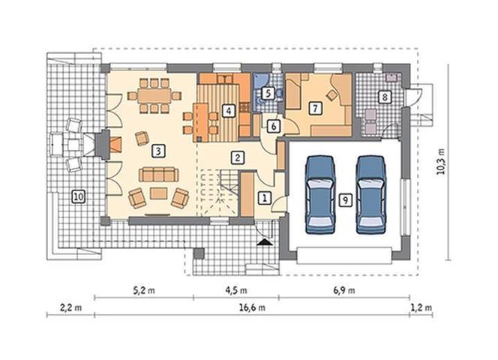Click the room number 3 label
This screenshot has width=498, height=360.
pos(158,151)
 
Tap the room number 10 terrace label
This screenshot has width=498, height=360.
pos(78,196)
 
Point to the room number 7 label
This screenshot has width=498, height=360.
pos(315,108)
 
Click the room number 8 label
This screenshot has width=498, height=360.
pos(385,97)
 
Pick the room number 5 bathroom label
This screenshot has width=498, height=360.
pos(268,94)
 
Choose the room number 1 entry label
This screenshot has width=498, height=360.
pos(264,198)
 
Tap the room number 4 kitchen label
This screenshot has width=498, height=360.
pos(228,111)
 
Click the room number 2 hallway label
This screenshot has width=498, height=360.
pos(238,157)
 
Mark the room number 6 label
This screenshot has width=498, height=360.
pos(274,126)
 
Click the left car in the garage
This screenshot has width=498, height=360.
pos(320,195)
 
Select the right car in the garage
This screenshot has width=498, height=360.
pos(371,195)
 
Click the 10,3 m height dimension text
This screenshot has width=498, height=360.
pos(441,162)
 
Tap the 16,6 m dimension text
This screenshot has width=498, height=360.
pos(252,307)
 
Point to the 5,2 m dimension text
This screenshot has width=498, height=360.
pos(144,290)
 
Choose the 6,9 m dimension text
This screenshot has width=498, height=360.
pos(344,290)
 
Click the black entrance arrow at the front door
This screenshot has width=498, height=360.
pos(265,243)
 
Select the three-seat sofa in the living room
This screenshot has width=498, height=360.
pos(159,175)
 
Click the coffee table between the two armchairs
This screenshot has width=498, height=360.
pos(158,193)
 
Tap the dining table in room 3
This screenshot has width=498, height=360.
pos(154,96)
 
